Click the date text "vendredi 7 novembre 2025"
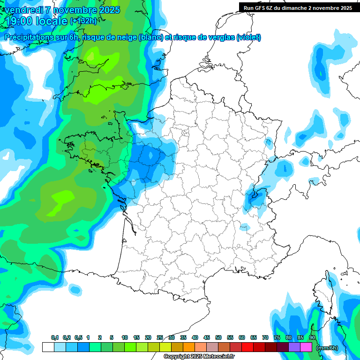(x=62, y=10)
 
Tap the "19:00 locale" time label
(x=36, y=21)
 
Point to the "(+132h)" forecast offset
(x=83, y=21)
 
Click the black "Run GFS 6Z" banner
(x=298, y=7)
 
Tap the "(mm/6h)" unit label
(x=327, y=348)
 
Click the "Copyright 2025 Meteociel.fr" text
(x=199, y=357)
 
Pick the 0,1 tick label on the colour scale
(x=55, y=338)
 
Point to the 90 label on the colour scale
(x=312, y=338)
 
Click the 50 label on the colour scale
(x=218, y=338)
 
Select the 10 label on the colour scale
(x=125, y=338)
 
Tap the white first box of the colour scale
(x=48, y=347)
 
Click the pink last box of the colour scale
(x=306, y=347)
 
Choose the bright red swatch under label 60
(x=247, y=347)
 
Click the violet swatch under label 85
(x=294, y=347)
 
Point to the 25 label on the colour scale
(x=160, y=338)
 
